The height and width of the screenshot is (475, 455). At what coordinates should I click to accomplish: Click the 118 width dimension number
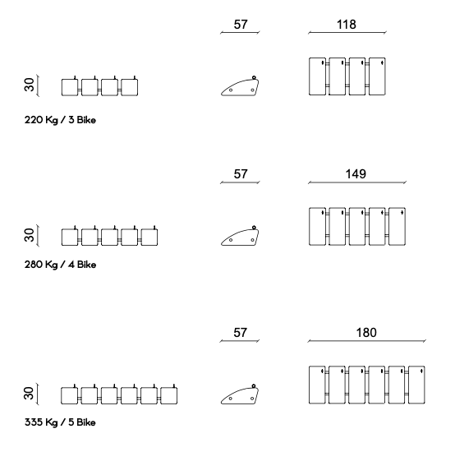(347, 25)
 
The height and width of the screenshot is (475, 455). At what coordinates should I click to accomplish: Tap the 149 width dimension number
(356, 174)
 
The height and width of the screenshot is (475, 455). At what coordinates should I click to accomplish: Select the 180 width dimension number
(366, 333)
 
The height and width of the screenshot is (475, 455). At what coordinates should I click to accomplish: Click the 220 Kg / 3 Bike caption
(60, 120)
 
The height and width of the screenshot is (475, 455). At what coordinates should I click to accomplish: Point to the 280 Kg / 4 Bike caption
(60, 265)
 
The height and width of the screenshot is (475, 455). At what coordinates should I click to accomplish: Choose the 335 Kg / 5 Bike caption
(60, 422)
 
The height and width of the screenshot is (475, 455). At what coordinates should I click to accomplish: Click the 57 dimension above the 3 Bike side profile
(241, 25)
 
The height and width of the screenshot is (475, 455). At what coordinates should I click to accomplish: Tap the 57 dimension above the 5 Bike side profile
(240, 333)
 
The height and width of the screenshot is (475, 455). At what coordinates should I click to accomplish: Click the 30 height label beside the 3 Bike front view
(30, 85)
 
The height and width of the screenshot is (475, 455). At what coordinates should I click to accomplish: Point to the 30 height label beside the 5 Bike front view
(29, 393)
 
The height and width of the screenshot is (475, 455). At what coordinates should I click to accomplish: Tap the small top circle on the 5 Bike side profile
(254, 386)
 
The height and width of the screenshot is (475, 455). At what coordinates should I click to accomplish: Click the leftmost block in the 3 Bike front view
(69, 88)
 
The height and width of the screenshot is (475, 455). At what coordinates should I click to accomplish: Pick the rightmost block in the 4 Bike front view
(149, 237)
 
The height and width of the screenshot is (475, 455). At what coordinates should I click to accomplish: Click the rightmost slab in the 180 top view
(416, 385)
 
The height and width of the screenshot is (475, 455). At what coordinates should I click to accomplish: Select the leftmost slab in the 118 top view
(317, 76)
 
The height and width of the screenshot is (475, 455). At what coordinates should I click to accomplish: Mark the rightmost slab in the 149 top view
(397, 226)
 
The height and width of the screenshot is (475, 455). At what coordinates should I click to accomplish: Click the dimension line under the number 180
(366, 341)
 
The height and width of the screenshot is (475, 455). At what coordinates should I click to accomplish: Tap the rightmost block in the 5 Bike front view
(169, 395)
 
